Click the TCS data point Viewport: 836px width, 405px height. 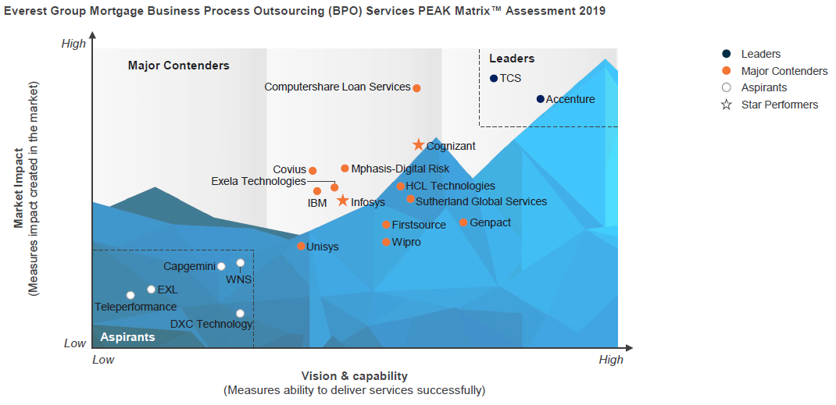pos(494,78)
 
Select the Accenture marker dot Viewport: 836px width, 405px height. pos(540,99)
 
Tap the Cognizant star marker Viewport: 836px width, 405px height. pos(419,145)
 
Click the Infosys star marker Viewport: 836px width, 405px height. pos(342,201)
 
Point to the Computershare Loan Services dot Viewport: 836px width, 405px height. pos(416,88)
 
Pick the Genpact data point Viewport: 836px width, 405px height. pos(463,222)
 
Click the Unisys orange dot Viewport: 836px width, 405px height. pos(301,247)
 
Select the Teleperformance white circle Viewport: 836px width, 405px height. pos(130,295)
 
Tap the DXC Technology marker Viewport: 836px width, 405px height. pos(240,314)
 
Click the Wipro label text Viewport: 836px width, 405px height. pos(406,243)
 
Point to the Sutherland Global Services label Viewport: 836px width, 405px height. pos(481,201)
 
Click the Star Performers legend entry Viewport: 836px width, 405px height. pos(779,105)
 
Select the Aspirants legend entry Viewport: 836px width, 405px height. pos(763,87)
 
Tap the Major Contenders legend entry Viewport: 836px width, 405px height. pos(784,71)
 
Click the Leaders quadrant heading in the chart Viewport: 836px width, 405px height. pos(512,59)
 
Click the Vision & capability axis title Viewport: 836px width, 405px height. pos(354,376)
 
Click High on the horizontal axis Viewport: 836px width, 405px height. pos(611,360)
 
